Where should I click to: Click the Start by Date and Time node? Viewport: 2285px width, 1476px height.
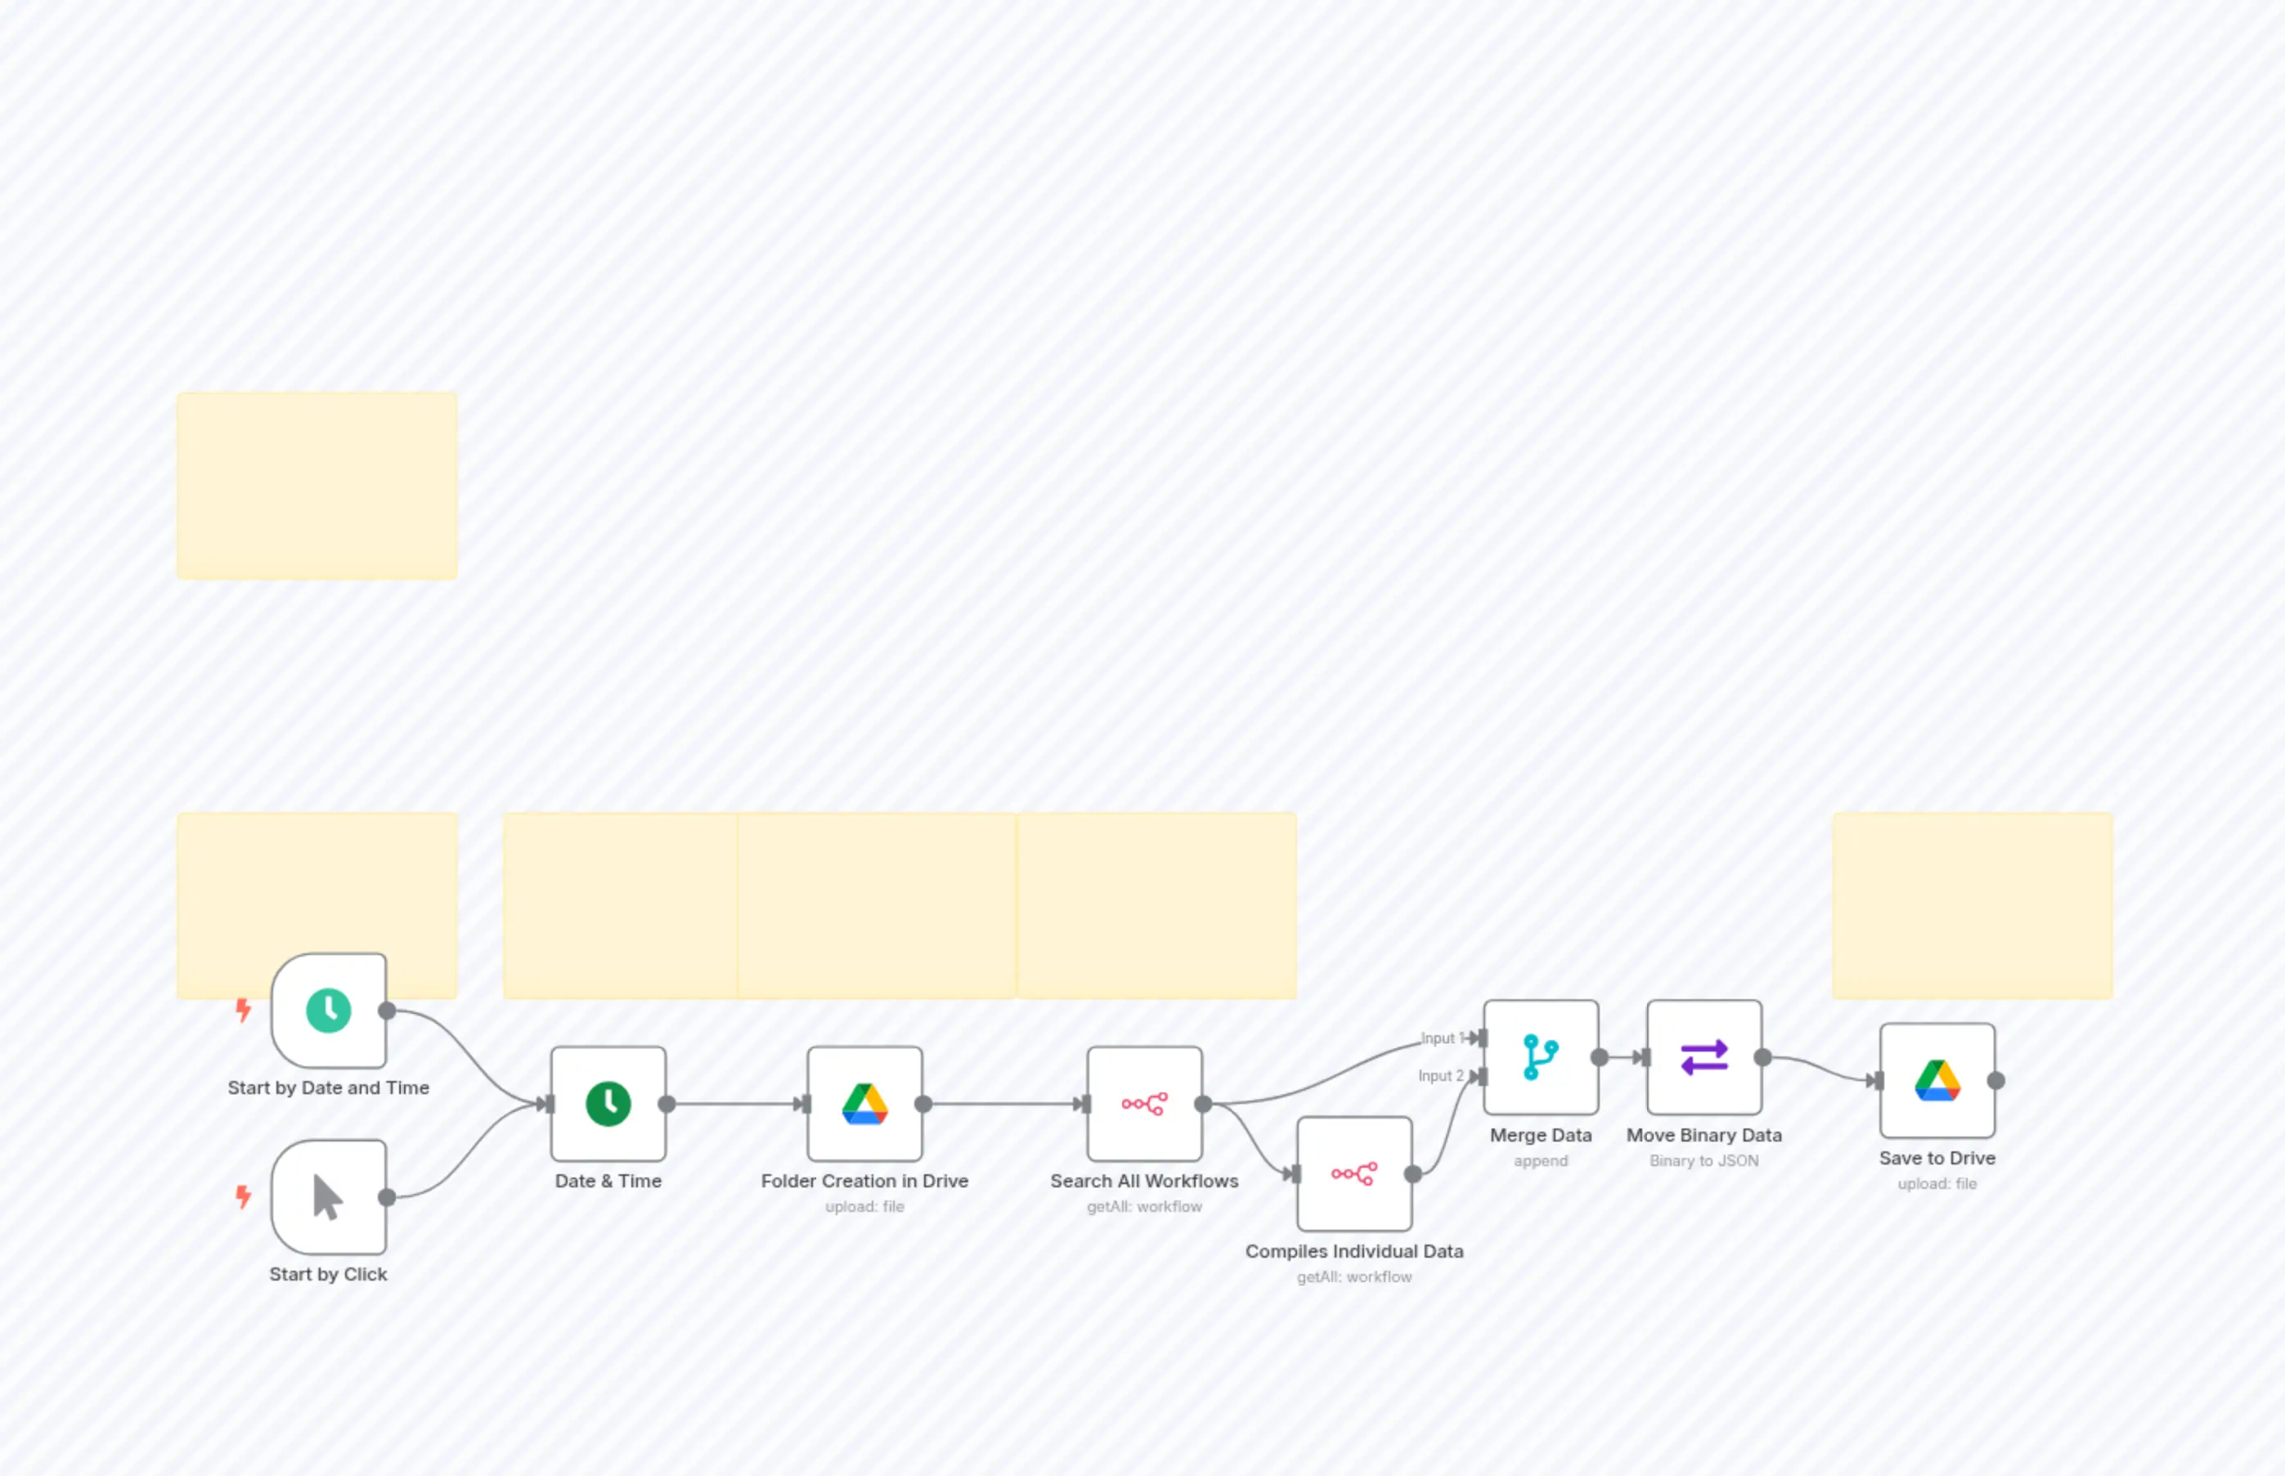[328, 1010]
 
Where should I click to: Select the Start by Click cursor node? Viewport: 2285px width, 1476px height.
[328, 1197]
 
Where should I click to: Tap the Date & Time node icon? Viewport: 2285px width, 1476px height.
[608, 1104]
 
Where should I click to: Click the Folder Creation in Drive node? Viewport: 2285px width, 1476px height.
[864, 1104]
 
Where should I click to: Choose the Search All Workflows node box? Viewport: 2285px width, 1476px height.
[1143, 1104]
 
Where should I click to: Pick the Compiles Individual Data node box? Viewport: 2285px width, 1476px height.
[1353, 1174]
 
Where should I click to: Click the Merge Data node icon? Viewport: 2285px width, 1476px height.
[1540, 1057]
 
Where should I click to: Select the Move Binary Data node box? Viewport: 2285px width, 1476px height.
[1704, 1057]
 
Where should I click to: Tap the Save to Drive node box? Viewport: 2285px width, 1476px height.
[1937, 1081]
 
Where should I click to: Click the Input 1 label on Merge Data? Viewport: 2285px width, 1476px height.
[1438, 1038]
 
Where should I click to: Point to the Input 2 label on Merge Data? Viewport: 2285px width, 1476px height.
[1439, 1076]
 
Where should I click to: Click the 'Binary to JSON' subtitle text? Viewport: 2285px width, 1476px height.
[1704, 1160]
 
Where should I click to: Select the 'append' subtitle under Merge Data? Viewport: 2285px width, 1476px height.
[1540, 1160]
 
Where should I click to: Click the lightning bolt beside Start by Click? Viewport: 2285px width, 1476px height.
[244, 1196]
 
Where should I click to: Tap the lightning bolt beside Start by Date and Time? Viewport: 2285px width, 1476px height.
[244, 1009]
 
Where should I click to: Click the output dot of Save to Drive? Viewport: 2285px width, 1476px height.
[1996, 1081]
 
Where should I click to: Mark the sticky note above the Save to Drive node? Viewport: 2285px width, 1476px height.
[1972, 906]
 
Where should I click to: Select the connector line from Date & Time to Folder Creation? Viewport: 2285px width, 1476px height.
[734, 1104]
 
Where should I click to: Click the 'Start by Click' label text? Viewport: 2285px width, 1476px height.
[328, 1274]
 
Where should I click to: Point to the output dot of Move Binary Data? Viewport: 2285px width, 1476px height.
[1762, 1057]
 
